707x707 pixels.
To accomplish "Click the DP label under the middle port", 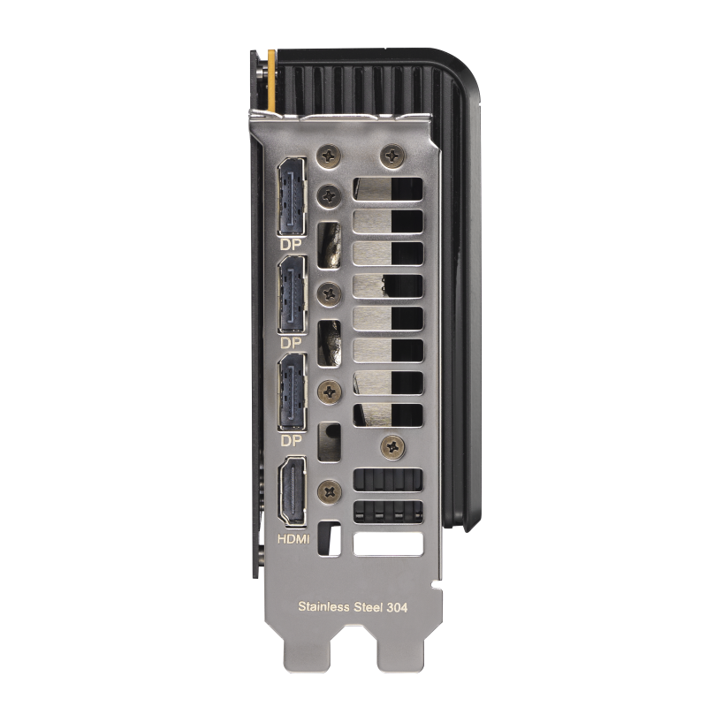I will pyautogui.click(x=290, y=342).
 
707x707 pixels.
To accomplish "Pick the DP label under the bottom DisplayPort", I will pyautogui.click(x=290, y=439).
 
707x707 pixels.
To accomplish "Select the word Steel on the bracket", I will pyautogui.click(x=374, y=607).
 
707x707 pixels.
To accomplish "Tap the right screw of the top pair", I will pyautogui.click(x=390, y=154).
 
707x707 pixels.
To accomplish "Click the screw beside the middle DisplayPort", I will pyautogui.click(x=328, y=289).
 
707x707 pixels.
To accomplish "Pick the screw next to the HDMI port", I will pyautogui.click(x=329, y=487).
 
